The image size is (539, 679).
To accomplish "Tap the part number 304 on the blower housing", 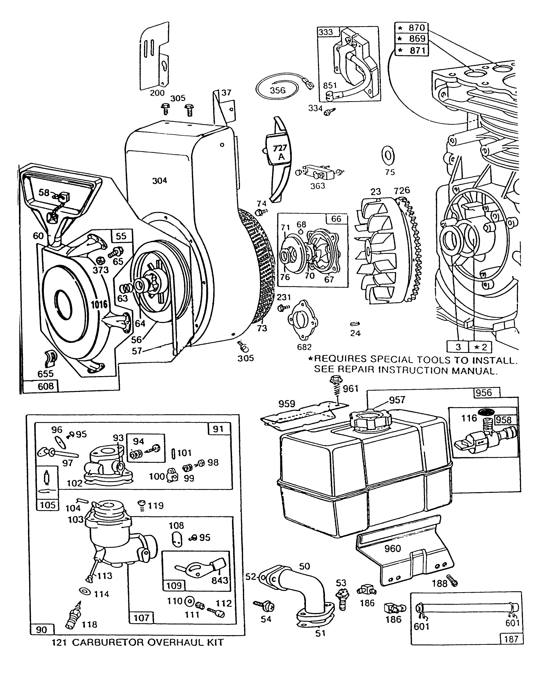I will (160, 180).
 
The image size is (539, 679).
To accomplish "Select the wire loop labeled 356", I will (278, 89).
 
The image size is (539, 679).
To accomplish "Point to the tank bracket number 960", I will (393, 548).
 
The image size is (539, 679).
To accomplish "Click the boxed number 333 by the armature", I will (326, 32).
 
